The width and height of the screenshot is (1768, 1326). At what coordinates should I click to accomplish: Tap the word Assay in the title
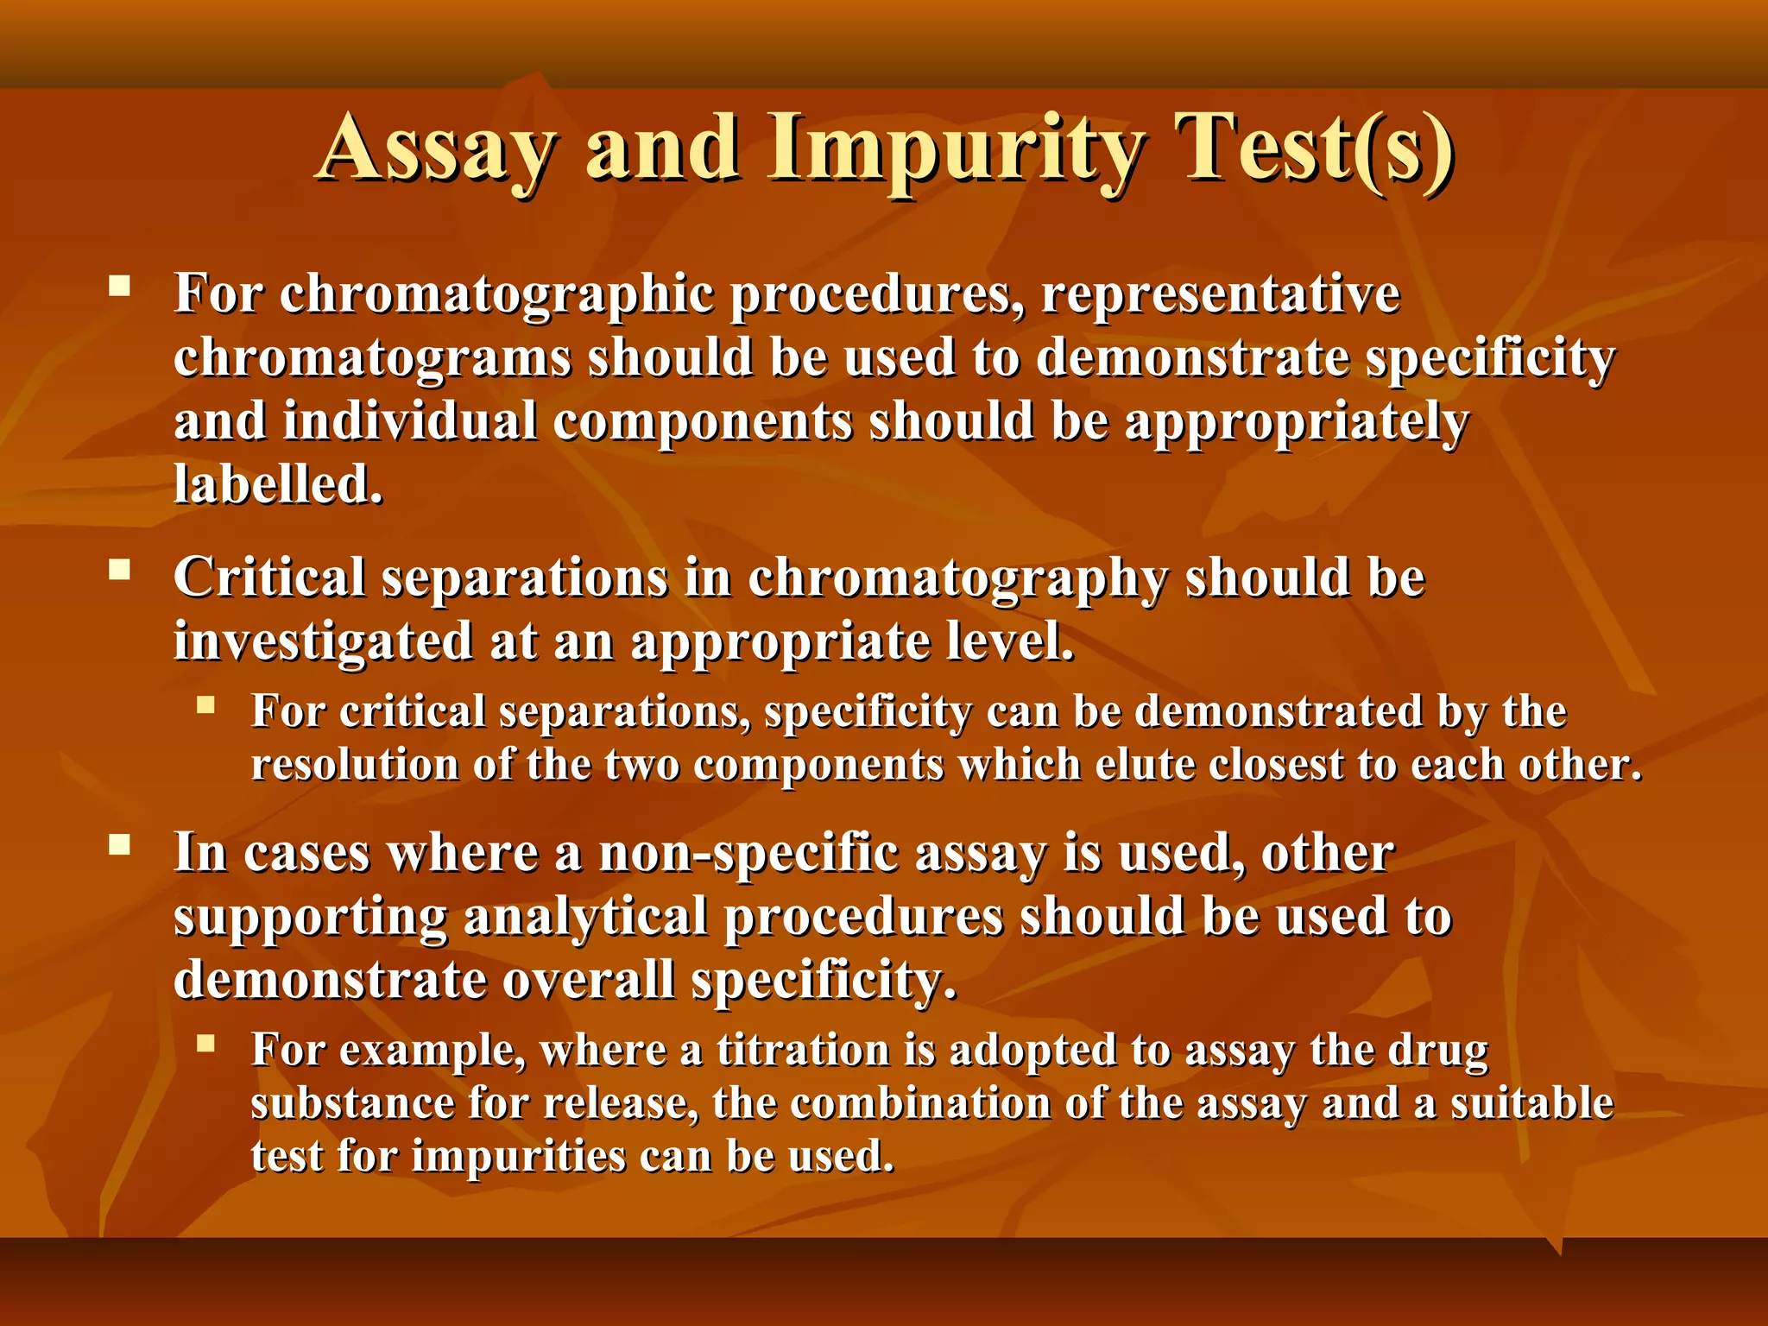pyautogui.click(x=436, y=148)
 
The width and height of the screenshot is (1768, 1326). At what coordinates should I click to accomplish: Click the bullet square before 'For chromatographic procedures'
pyautogui.click(x=119, y=286)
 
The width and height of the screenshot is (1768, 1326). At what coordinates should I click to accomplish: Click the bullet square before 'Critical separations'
pyautogui.click(x=119, y=569)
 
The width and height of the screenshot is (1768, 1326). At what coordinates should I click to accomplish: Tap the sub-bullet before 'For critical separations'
pyautogui.click(x=205, y=705)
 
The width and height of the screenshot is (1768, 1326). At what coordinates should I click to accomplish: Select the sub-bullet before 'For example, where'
pyautogui.click(x=205, y=1044)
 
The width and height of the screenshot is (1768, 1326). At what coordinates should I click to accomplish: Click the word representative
pyautogui.click(x=1221, y=294)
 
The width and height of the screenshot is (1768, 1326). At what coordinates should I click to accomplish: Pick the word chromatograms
pyautogui.click(x=372, y=357)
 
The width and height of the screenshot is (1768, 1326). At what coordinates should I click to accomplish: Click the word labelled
pyautogui.click(x=278, y=484)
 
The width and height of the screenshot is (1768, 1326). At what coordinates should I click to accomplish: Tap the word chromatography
pyautogui.click(x=957, y=578)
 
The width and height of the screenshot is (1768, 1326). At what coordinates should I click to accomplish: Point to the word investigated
pyautogui.click(x=323, y=641)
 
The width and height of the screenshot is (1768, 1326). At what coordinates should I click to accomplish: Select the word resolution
pyautogui.click(x=355, y=765)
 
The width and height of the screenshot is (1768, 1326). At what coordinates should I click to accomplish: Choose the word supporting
pyautogui.click(x=310, y=917)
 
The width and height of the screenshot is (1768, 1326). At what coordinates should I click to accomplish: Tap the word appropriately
pyautogui.click(x=1296, y=421)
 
